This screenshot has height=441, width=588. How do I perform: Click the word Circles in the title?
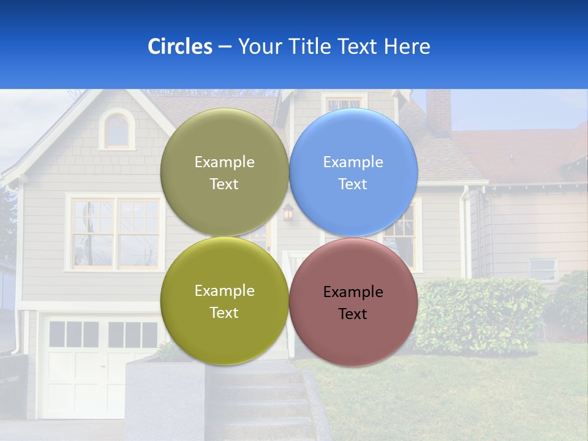179,47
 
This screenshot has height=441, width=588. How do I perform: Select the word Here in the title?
407,47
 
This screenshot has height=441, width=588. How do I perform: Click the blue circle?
353,172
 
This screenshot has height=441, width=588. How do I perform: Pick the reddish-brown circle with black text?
353,302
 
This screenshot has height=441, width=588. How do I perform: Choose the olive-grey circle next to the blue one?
224,172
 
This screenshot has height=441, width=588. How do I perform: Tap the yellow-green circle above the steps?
224,301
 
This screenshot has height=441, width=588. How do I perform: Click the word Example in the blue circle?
353,162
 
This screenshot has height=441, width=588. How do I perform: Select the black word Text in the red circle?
353,314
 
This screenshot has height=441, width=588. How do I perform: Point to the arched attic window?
117,130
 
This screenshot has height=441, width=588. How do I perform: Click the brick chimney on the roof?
439,111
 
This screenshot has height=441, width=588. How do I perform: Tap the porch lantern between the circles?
288,213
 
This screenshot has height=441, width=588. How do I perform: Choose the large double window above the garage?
115,233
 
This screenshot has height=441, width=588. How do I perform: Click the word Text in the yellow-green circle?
224,313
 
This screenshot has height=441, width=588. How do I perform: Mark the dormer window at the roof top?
344,104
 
